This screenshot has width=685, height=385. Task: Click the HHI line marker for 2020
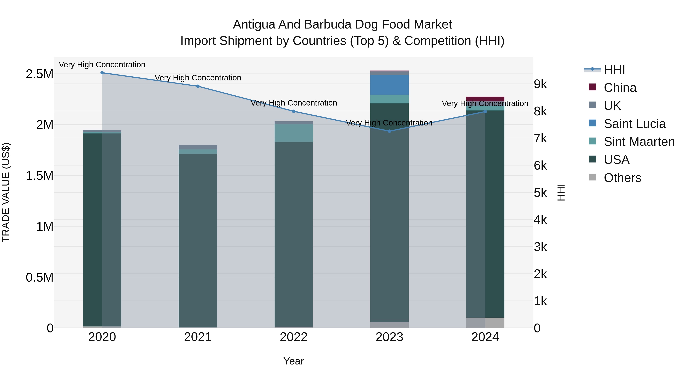point(102,73)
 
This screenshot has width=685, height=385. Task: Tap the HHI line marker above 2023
point(389,131)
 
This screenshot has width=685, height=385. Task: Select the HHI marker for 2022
point(294,111)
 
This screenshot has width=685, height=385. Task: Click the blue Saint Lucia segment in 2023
point(389,85)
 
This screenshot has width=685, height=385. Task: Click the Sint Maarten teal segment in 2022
point(294,133)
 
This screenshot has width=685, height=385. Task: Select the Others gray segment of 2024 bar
point(485,323)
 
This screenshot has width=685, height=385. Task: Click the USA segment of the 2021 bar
point(198,239)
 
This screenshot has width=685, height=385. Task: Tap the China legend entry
point(620,88)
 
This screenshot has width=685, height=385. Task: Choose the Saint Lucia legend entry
point(634,124)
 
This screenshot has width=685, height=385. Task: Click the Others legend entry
point(622,178)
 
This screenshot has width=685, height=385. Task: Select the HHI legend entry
point(614,70)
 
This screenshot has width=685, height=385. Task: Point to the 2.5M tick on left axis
point(39,74)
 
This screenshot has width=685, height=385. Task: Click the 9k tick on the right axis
point(540,84)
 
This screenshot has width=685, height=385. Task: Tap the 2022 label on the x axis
point(294,337)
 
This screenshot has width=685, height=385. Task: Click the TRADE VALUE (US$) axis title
point(6,192)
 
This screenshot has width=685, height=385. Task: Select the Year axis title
point(294,361)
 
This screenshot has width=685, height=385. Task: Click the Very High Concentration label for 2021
point(198,78)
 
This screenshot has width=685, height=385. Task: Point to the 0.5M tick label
point(39,277)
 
